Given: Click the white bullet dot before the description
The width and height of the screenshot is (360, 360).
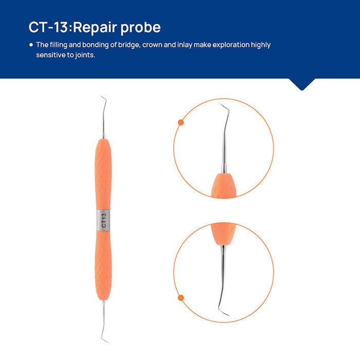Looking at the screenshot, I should pos(31,45).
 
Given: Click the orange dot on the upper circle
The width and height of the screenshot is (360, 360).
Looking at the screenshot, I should pos(181,122).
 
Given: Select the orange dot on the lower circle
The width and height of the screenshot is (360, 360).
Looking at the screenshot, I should pos(181,297).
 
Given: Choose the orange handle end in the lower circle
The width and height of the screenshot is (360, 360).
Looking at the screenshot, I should pos(223,235).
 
